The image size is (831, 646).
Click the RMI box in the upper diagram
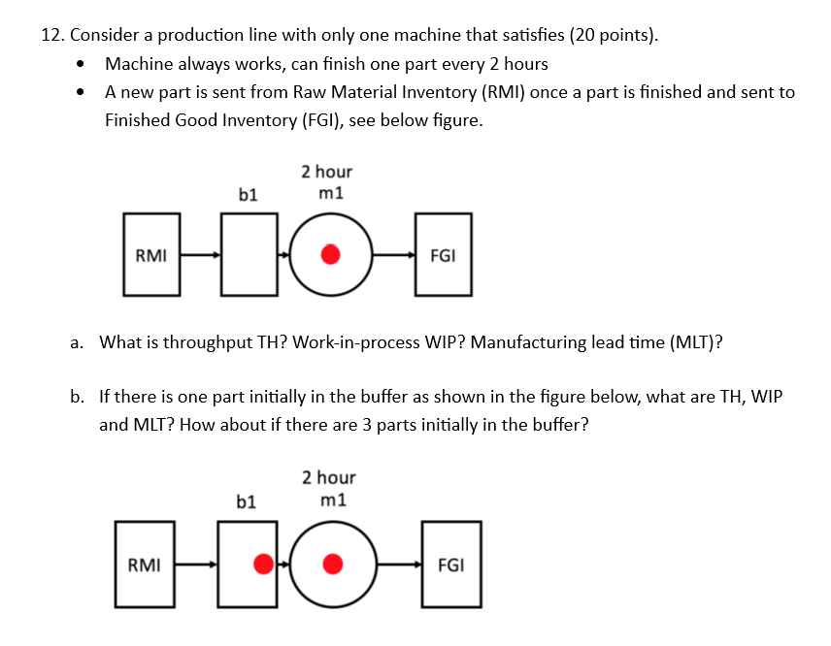click(x=150, y=256)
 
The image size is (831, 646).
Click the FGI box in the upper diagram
click(x=444, y=256)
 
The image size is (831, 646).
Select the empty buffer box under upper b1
click(x=249, y=256)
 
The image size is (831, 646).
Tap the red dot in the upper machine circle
click(x=331, y=256)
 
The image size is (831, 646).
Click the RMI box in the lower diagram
click(x=145, y=564)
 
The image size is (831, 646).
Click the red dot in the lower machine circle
click(x=332, y=564)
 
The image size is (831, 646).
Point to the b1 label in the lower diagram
click(x=247, y=501)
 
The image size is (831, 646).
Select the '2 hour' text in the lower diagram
click(x=328, y=477)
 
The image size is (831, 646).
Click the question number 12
click(x=52, y=36)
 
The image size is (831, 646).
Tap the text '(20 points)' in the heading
click(x=614, y=36)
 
